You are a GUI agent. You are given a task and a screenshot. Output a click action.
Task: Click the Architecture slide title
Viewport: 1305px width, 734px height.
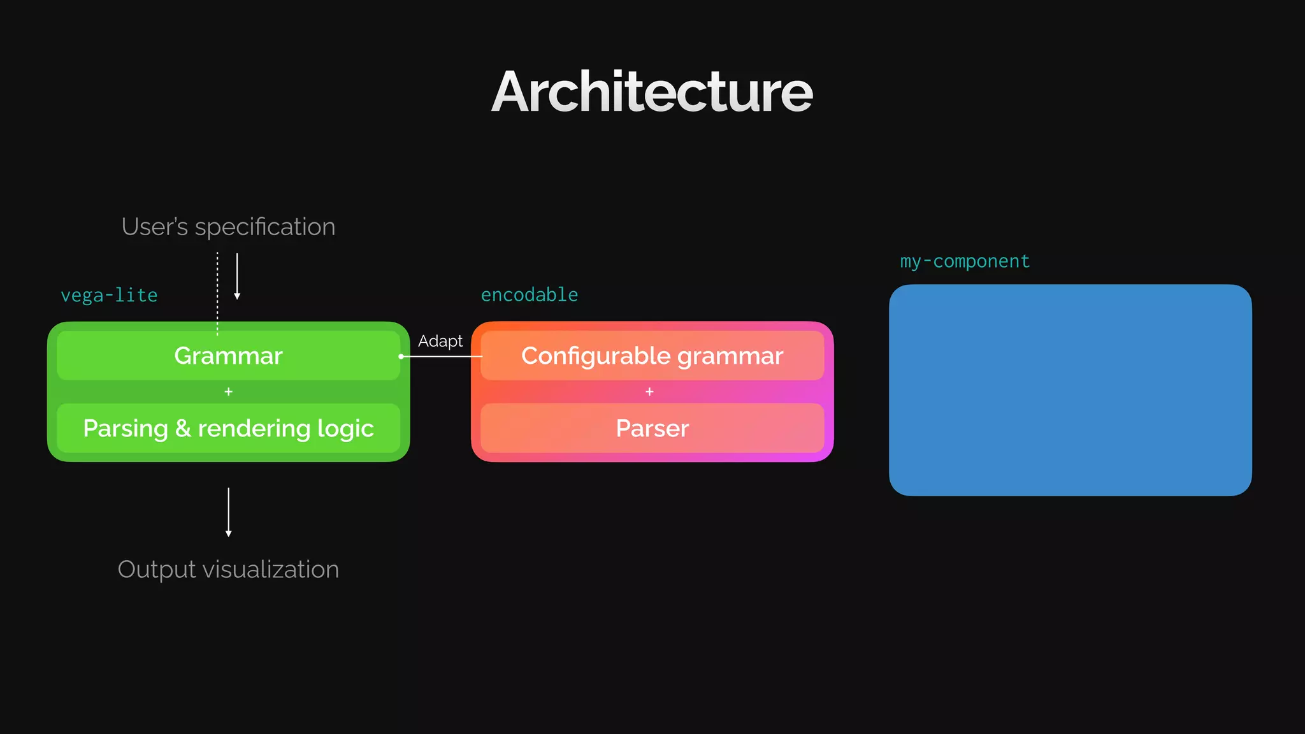[x=652, y=92]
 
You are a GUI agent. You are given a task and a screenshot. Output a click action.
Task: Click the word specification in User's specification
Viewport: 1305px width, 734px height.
[x=264, y=227]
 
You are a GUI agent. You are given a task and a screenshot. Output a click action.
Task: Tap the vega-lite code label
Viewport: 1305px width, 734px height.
[x=109, y=295]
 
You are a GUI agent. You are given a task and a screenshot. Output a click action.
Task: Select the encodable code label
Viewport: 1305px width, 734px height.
[x=529, y=294]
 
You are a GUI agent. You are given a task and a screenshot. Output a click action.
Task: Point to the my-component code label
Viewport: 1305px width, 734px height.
[x=965, y=261]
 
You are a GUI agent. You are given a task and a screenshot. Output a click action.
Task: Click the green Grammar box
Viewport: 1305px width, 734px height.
[x=228, y=356]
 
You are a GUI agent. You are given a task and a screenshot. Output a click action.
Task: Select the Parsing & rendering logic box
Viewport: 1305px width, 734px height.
[x=228, y=428]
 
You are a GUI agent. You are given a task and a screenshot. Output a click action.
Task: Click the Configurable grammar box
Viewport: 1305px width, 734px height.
[x=652, y=356]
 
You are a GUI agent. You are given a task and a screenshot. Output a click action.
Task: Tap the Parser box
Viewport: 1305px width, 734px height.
[x=652, y=428]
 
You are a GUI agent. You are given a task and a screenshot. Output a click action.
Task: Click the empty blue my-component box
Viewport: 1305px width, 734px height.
[x=1070, y=390]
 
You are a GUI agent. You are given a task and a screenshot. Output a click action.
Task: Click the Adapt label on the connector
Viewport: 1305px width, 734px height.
[x=440, y=341]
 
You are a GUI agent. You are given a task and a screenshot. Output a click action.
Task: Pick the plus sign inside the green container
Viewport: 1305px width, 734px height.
[x=228, y=392]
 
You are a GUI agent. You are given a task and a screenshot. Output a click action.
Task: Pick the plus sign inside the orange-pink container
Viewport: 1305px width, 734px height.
[x=649, y=392]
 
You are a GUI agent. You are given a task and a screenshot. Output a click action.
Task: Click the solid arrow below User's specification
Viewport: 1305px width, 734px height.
[x=237, y=276]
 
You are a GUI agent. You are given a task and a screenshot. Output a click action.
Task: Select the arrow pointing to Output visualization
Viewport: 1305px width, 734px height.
[x=228, y=512]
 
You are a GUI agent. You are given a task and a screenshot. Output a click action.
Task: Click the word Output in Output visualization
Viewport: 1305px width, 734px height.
[x=156, y=570]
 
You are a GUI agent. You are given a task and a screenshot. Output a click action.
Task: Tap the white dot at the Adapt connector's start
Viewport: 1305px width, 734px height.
[x=401, y=356]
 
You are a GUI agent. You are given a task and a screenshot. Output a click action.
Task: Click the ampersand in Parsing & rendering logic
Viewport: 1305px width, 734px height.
[x=183, y=428]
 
